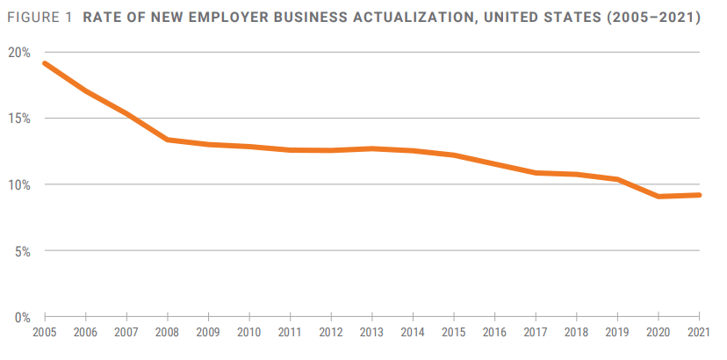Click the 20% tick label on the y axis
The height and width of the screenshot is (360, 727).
[20, 53]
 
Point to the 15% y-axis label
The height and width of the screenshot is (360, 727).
[20, 119]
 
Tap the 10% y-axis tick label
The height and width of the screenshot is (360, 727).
[20, 184]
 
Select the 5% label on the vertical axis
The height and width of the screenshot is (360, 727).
[23, 251]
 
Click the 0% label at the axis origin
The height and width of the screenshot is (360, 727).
[23, 317]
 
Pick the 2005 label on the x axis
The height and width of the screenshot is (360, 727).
[45, 334]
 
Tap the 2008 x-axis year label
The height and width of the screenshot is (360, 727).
[168, 334]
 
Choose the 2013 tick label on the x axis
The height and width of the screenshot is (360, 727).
[372, 334]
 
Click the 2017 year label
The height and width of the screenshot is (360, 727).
[536, 334]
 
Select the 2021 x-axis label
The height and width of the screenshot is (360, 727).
[699, 334]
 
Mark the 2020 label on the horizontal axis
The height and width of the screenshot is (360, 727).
[659, 334]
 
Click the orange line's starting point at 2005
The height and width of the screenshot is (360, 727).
[45, 63]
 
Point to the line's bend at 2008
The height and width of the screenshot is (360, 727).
[168, 140]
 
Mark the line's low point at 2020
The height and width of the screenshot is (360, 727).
[659, 196]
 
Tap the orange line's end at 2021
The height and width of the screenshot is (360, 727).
[699, 195]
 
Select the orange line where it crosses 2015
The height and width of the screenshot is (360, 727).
[454, 155]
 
